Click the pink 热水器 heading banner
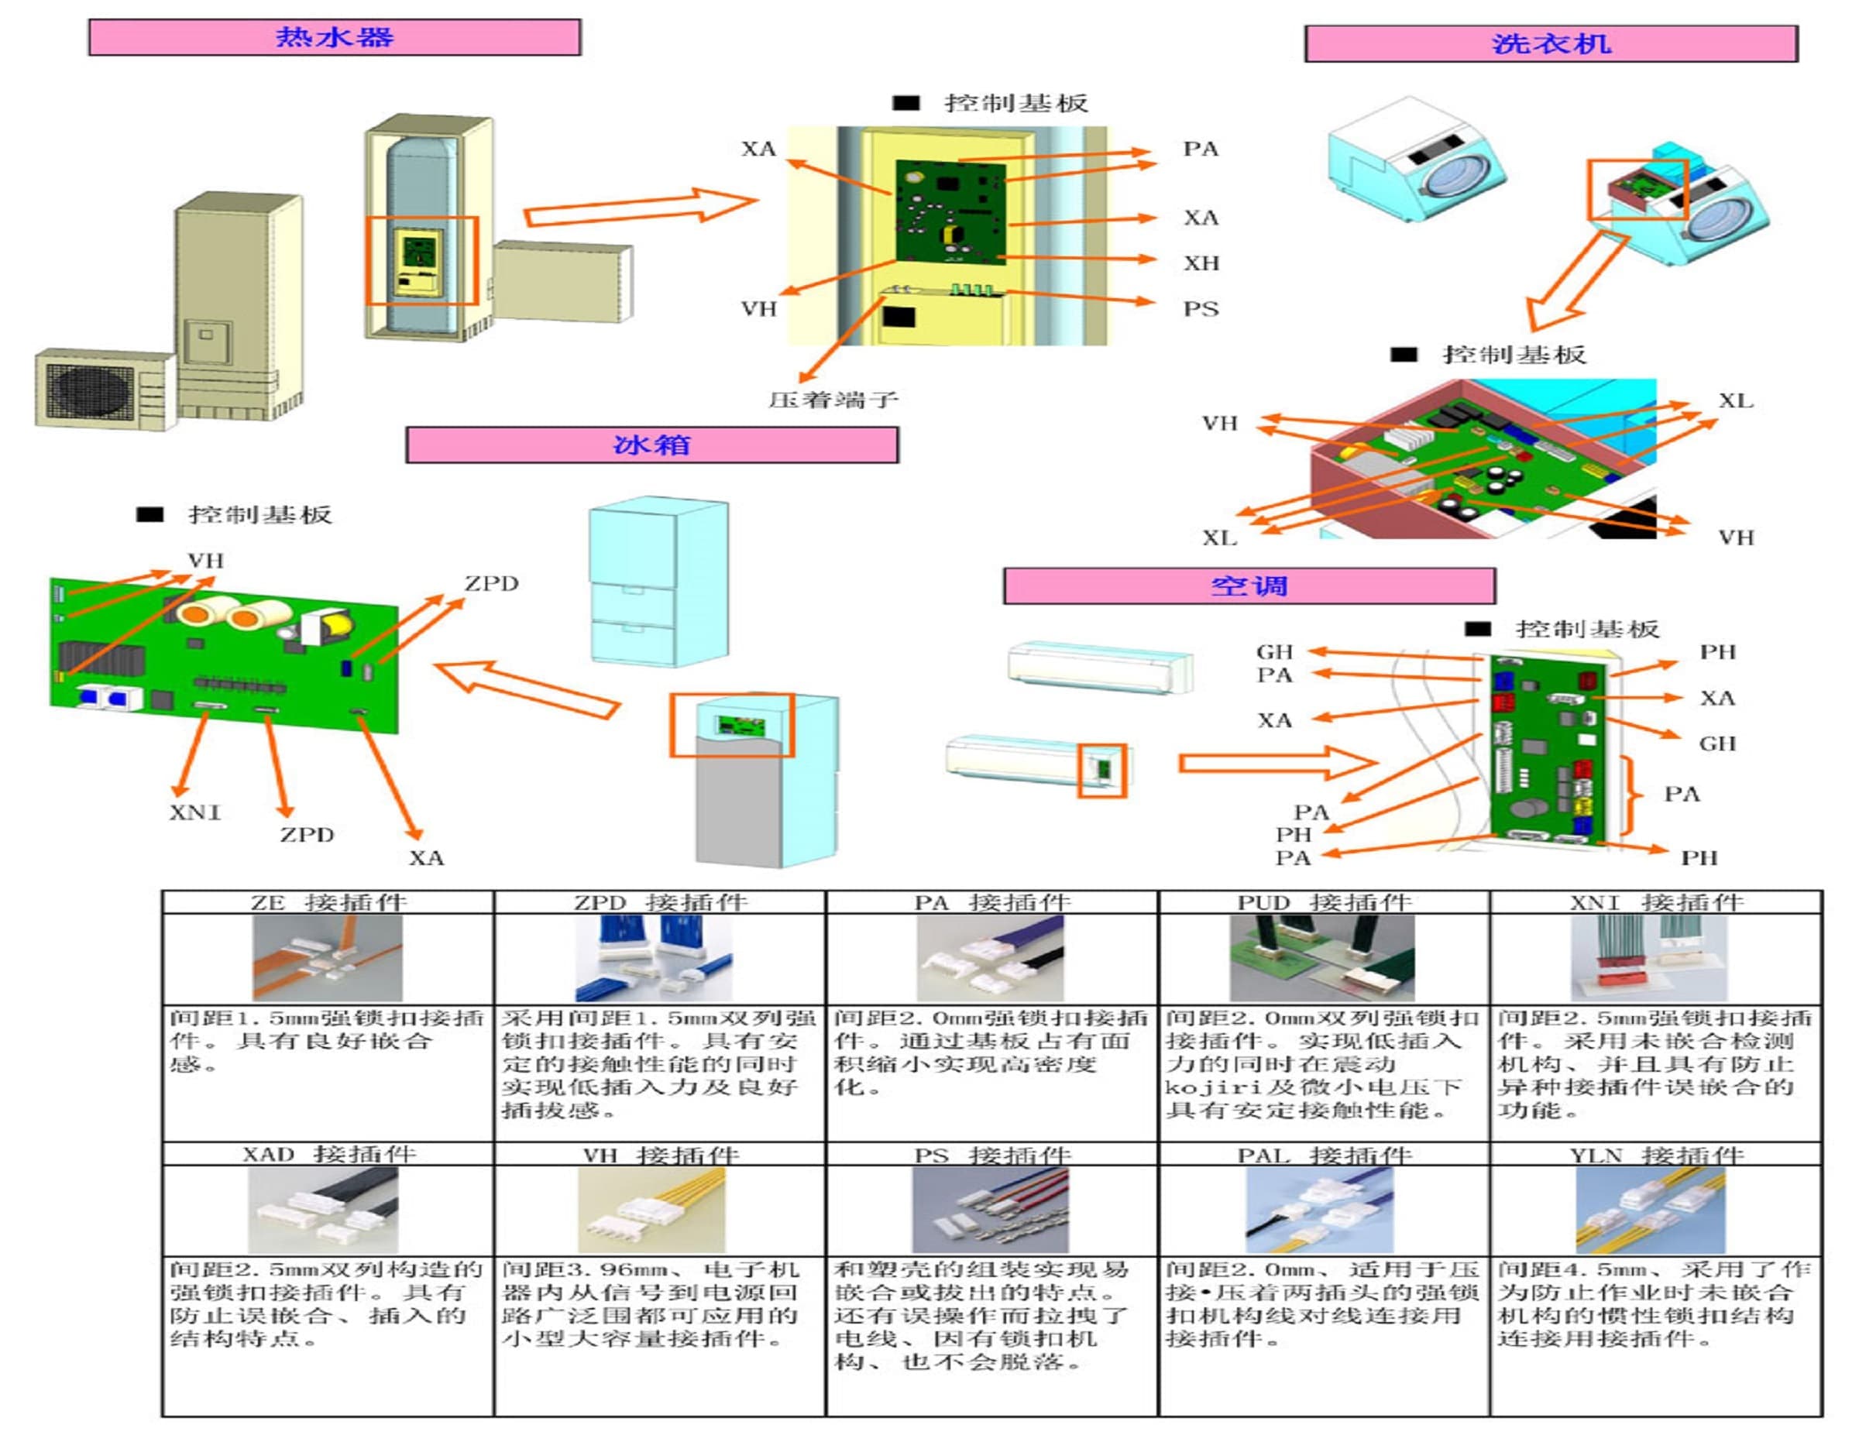click(x=334, y=37)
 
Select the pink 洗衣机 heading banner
click(x=1551, y=43)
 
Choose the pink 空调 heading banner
click(x=1249, y=585)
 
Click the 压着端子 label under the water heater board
click(x=833, y=399)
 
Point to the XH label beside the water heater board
click(x=1200, y=263)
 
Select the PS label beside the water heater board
click(x=1200, y=308)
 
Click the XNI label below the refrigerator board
click(x=194, y=812)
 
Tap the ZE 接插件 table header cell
click(x=328, y=902)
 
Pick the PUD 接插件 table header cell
click(x=1324, y=902)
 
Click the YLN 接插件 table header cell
click(x=1656, y=1155)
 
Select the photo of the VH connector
click(x=651, y=1210)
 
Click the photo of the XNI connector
click(x=1648, y=958)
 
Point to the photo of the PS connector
click(x=990, y=1210)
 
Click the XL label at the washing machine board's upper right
click(x=1735, y=400)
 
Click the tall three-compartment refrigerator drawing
click(x=659, y=582)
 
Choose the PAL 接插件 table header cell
click(x=1324, y=1155)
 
